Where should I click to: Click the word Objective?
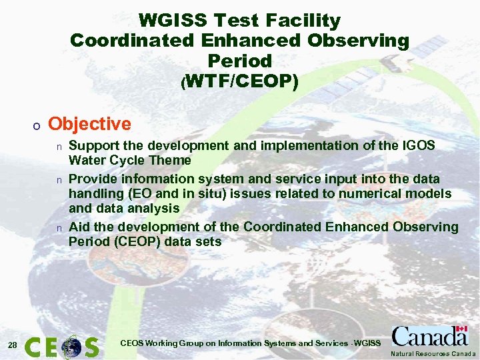(89, 124)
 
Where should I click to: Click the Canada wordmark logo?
(429, 336)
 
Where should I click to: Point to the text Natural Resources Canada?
(433, 354)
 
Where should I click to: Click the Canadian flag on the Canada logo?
(460, 331)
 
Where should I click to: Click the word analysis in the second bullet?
(151, 208)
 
